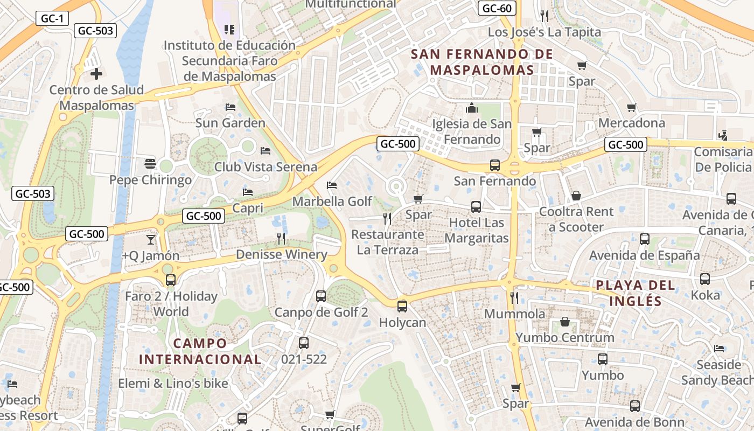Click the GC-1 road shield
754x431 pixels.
(x=52, y=18)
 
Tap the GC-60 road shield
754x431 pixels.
(x=497, y=8)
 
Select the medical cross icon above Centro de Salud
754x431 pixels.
(x=96, y=73)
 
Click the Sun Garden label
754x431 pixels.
(x=230, y=123)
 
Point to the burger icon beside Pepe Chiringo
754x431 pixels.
(x=150, y=164)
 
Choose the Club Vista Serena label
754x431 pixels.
(x=266, y=166)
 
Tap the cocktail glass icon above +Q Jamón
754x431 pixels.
(x=150, y=239)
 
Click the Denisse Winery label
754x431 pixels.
(x=281, y=254)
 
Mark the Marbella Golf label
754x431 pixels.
(x=332, y=201)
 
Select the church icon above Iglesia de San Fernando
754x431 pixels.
(x=472, y=108)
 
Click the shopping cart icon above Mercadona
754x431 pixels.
(x=632, y=107)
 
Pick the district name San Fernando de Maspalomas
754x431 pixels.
(x=481, y=62)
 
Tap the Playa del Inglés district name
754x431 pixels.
(x=635, y=293)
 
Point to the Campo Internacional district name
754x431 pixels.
(x=200, y=351)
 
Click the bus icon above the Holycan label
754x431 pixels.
(x=402, y=307)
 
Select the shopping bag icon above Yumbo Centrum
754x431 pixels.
(x=565, y=322)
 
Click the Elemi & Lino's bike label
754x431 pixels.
(x=173, y=384)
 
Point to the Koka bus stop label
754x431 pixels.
(x=705, y=295)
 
